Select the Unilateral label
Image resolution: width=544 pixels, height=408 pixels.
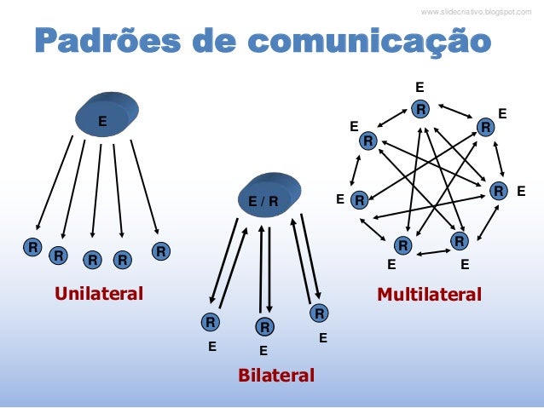pyautogui.click(x=99, y=295)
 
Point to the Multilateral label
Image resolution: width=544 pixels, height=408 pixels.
pyautogui.click(x=429, y=295)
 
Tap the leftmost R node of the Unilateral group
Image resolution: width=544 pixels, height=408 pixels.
pyautogui.click(x=32, y=248)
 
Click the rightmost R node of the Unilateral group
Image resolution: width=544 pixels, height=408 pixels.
pyautogui.click(x=159, y=251)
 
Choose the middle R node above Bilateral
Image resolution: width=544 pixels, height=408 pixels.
pyautogui.click(x=265, y=327)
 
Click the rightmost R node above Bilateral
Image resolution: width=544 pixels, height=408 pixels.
pyautogui.click(x=319, y=313)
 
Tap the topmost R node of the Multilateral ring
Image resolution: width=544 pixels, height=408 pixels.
pyautogui.click(x=420, y=109)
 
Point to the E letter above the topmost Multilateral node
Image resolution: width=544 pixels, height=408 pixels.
pyautogui.click(x=420, y=87)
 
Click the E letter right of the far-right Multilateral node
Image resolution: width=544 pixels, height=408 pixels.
pyautogui.click(x=521, y=192)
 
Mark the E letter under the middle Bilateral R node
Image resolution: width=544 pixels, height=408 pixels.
pyautogui.click(x=263, y=350)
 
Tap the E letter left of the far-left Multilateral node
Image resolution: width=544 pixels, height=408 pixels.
pyautogui.click(x=340, y=201)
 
